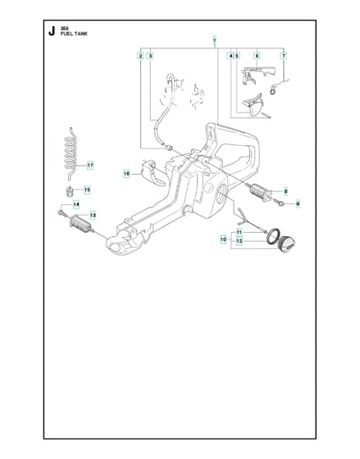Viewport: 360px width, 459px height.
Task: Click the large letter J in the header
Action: tap(52, 31)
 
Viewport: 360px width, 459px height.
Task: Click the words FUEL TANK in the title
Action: tap(74, 34)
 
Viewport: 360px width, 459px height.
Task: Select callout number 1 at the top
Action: tap(214, 39)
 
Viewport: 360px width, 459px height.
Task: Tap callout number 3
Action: tap(150, 56)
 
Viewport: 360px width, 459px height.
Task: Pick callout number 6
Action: tap(257, 56)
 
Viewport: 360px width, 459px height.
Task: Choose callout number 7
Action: tap(283, 56)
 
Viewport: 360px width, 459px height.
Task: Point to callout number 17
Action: tap(90, 166)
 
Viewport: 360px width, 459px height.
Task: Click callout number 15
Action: tap(87, 189)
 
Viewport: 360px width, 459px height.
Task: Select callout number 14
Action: tap(76, 204)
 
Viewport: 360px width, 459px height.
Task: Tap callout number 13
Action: tap(93, 215)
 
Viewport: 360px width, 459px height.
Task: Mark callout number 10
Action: tap(223, 239)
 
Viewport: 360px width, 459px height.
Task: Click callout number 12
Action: tap(239, 241)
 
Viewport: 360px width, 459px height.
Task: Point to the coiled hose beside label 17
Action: tap(71, 153)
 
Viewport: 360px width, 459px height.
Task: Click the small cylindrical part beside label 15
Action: tap(68, 192)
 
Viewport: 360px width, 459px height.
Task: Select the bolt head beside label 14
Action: tap(61, 211)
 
